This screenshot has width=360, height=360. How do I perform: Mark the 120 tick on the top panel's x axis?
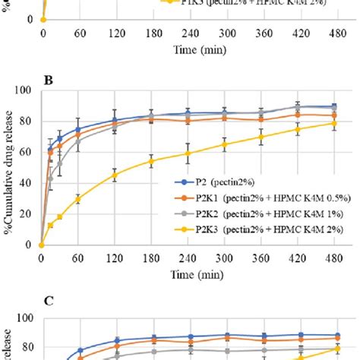click(115, 34)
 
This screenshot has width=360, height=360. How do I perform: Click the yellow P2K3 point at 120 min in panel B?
click(115, 175)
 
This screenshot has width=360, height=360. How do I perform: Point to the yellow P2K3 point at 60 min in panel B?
click(78, 199)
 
